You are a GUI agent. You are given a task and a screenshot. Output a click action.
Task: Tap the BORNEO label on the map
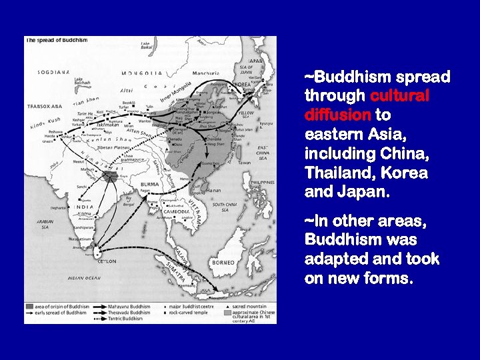coord(223,262)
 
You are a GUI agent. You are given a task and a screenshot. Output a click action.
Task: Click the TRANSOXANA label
coord(44,106)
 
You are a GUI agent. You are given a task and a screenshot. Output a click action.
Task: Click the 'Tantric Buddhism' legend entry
coord(127,319)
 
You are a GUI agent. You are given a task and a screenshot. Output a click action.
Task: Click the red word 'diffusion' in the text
coord(337,115)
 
